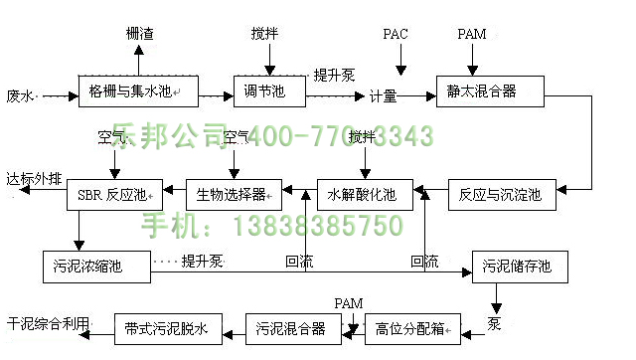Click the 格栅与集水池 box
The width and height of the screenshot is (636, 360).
[x=138, y=92]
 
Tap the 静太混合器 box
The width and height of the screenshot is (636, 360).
[x=489, y=92]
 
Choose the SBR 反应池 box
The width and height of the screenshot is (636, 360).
[x=111, y=194]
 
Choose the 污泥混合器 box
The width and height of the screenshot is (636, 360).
[x=292, y=327]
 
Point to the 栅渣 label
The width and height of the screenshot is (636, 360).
[x=139, y=34]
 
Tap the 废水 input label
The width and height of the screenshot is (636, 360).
[x=20, y=96]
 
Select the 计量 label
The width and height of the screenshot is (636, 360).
[x=383, y=96]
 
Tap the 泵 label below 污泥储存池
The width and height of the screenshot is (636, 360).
[x=493, y=322]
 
